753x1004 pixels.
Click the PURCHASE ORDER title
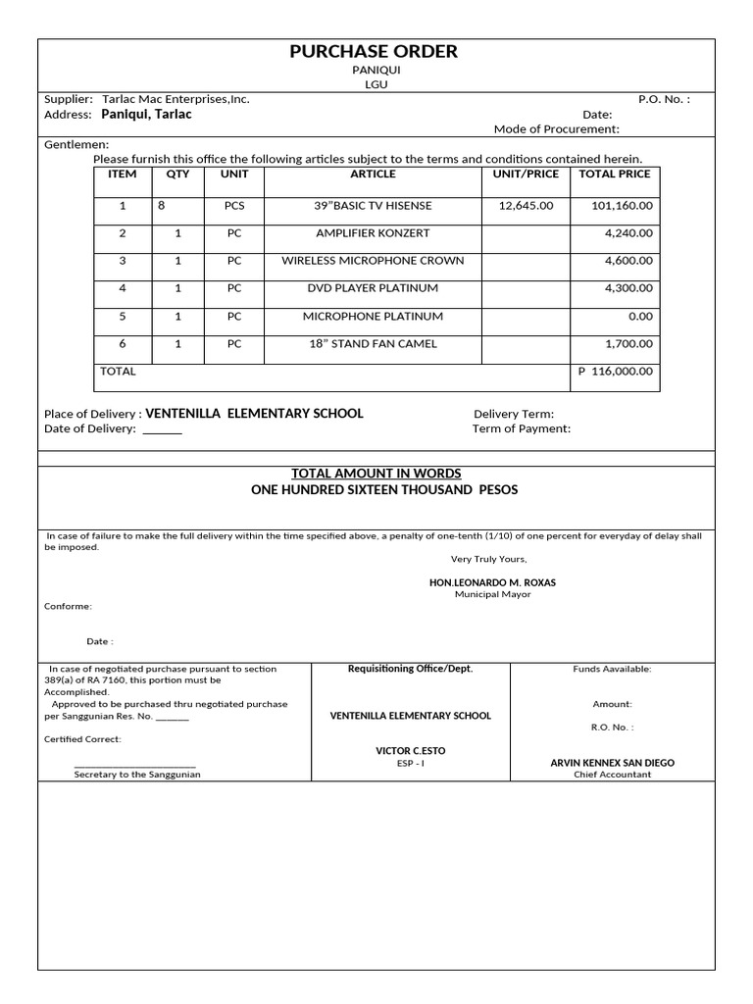pyautogui.click(x=374, y=52)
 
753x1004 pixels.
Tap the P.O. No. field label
pyautogui.click(x=664, y=99)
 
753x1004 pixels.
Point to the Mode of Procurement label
pyautogui.click(x=556, y=129)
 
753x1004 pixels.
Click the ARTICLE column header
pyautogui.click(x=373, y=175)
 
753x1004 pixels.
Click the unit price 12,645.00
pyautogui.click(x=526, y=206)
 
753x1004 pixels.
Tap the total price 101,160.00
pyautogui.click(x=622, y=206)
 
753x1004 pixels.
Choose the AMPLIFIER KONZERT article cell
pyautogui.click(x=373, y=233)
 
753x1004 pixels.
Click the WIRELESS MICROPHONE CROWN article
pyautogui.click(x=373, y=261)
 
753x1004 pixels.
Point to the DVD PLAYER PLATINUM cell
pyautogui.click(x=373, y=288)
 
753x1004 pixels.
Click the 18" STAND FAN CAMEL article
pyautogui.click(x=373, y=344)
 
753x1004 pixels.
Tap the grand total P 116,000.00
pyautogui.click(x=616, y=372)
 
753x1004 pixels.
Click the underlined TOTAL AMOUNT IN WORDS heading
pyautogui.click(x=376, y=474)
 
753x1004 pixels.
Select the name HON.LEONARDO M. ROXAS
pyautogui.click(x=492, y=582)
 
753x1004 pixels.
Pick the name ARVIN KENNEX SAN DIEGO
pyautogui.click(x=613, y=763)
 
